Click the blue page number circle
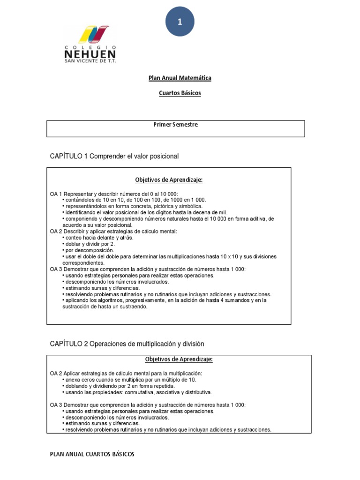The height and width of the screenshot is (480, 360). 180,21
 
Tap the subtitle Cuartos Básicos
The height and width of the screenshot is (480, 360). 180,93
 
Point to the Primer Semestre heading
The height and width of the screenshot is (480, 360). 176,125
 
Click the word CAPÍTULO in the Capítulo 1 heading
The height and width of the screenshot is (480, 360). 66,156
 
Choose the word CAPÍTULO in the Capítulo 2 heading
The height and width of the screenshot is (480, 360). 66,344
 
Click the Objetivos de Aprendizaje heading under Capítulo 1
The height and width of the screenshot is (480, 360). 169,180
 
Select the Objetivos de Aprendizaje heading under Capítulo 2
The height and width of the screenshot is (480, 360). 179,360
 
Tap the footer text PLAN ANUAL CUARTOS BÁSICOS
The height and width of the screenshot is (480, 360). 92,454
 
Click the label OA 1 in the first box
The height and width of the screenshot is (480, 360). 56,194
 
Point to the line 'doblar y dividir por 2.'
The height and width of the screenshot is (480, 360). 90,244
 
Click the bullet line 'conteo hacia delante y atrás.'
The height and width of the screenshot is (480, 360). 99,238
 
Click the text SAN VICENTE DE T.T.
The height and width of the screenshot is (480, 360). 90,61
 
